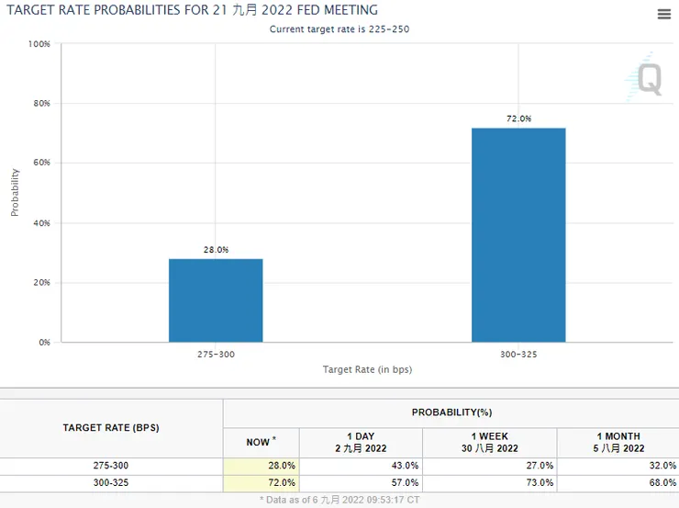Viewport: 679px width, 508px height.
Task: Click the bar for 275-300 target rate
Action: [x=216, y=300]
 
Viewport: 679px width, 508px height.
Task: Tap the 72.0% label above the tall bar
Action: [x=518, y=119]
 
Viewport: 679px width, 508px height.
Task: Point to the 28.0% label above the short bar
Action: [x=216, y=250]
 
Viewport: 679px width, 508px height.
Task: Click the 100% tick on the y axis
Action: [x=39, y=44]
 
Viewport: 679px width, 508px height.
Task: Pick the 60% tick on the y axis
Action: [x=40, y=164]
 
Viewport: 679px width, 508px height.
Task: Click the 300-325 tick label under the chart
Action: [x=518, y=354]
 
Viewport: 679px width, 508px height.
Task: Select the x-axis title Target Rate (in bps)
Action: [x=366, y=369]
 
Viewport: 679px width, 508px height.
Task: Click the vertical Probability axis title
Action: [x=15, y=192]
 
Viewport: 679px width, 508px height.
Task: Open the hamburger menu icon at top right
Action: [x=664, y=14]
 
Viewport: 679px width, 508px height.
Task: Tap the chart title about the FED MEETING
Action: [x=192, y=10]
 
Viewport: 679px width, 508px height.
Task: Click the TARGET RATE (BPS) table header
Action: [x=111, y=428]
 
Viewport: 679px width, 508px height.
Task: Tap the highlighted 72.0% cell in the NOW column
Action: [x=281, y=482]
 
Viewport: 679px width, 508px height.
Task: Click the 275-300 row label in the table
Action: [x=111, y=466]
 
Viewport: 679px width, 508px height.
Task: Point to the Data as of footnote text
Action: [x=339, y=501]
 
